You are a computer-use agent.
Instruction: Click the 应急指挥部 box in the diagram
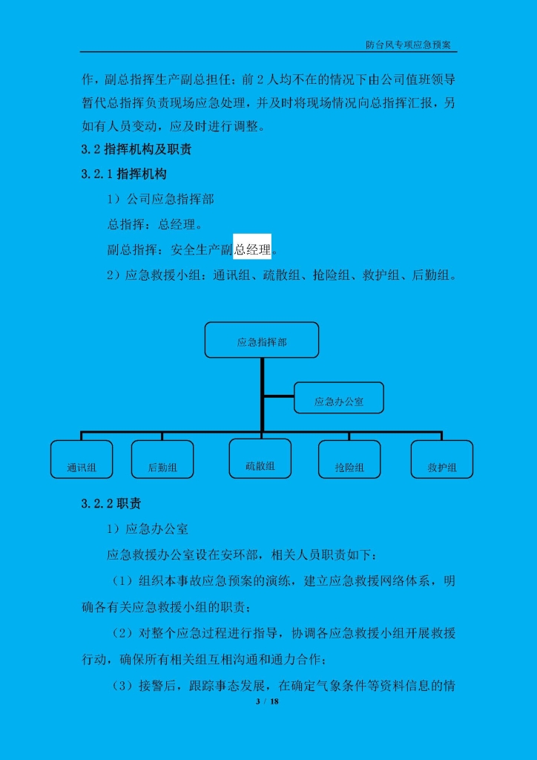262,340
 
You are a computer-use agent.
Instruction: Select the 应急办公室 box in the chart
338,398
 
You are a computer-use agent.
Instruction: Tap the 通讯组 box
82,459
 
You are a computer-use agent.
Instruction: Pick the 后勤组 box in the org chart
162,459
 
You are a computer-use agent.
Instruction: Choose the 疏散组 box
260,458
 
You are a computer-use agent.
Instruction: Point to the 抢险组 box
349,459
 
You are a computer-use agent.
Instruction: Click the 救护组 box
441,459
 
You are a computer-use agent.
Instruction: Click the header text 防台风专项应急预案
408,45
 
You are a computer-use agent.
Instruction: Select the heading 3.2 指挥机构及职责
136,149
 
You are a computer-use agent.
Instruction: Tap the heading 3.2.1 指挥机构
124,174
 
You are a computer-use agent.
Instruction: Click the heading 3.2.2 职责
111,504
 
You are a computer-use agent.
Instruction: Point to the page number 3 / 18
268,701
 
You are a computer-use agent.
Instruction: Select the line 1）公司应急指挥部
160,199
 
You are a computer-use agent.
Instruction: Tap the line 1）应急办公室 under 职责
147,528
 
